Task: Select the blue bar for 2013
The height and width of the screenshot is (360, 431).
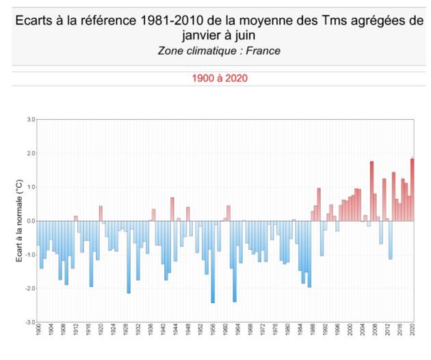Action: tap(391, 240)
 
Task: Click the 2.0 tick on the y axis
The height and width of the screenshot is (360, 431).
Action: tap(31, 153)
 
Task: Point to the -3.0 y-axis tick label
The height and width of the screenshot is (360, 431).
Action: tap(30, 322)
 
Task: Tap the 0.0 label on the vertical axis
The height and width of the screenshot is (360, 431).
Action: tap(31, 220)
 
